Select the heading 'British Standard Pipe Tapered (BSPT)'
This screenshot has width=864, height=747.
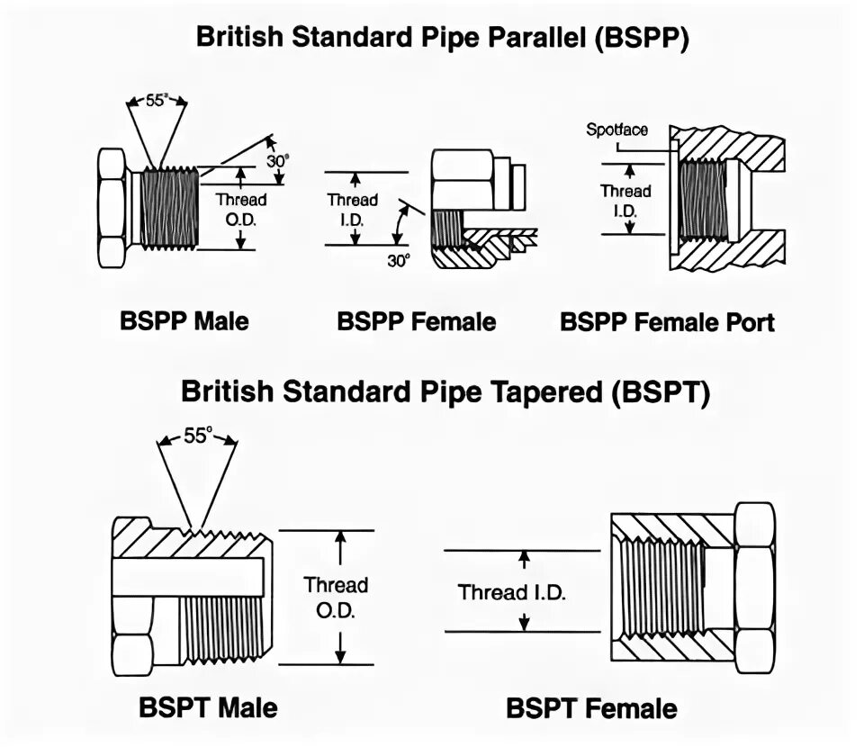pyautogui.click(x=445, y=391)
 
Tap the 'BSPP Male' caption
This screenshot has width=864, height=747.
pyautogui.click(x=184, y=320)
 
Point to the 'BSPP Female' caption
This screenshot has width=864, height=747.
pyautogui.click(x=417, y=321)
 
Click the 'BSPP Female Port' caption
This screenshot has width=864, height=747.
pyautogui.click(x=667, y=321)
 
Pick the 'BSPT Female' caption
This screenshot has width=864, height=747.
pyautogui.click(x=591, y=707)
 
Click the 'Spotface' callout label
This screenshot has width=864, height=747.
pyautogui.click(x=616, y=130)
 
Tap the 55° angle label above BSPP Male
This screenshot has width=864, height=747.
pyautogui.click(x=157, y=102)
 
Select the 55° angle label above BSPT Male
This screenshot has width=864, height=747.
pyautogui.click(x=197, y=436)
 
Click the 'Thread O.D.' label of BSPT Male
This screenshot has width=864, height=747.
pyautogui.click(x=336, y=597)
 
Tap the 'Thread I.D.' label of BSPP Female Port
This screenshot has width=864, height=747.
pyautogui.click(x=625, y=201)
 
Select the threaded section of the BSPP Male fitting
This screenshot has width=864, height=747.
pyautogui.click(x=171, y=209)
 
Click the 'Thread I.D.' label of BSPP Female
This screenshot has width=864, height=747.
pyautogui.click(x=352, y=209)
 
